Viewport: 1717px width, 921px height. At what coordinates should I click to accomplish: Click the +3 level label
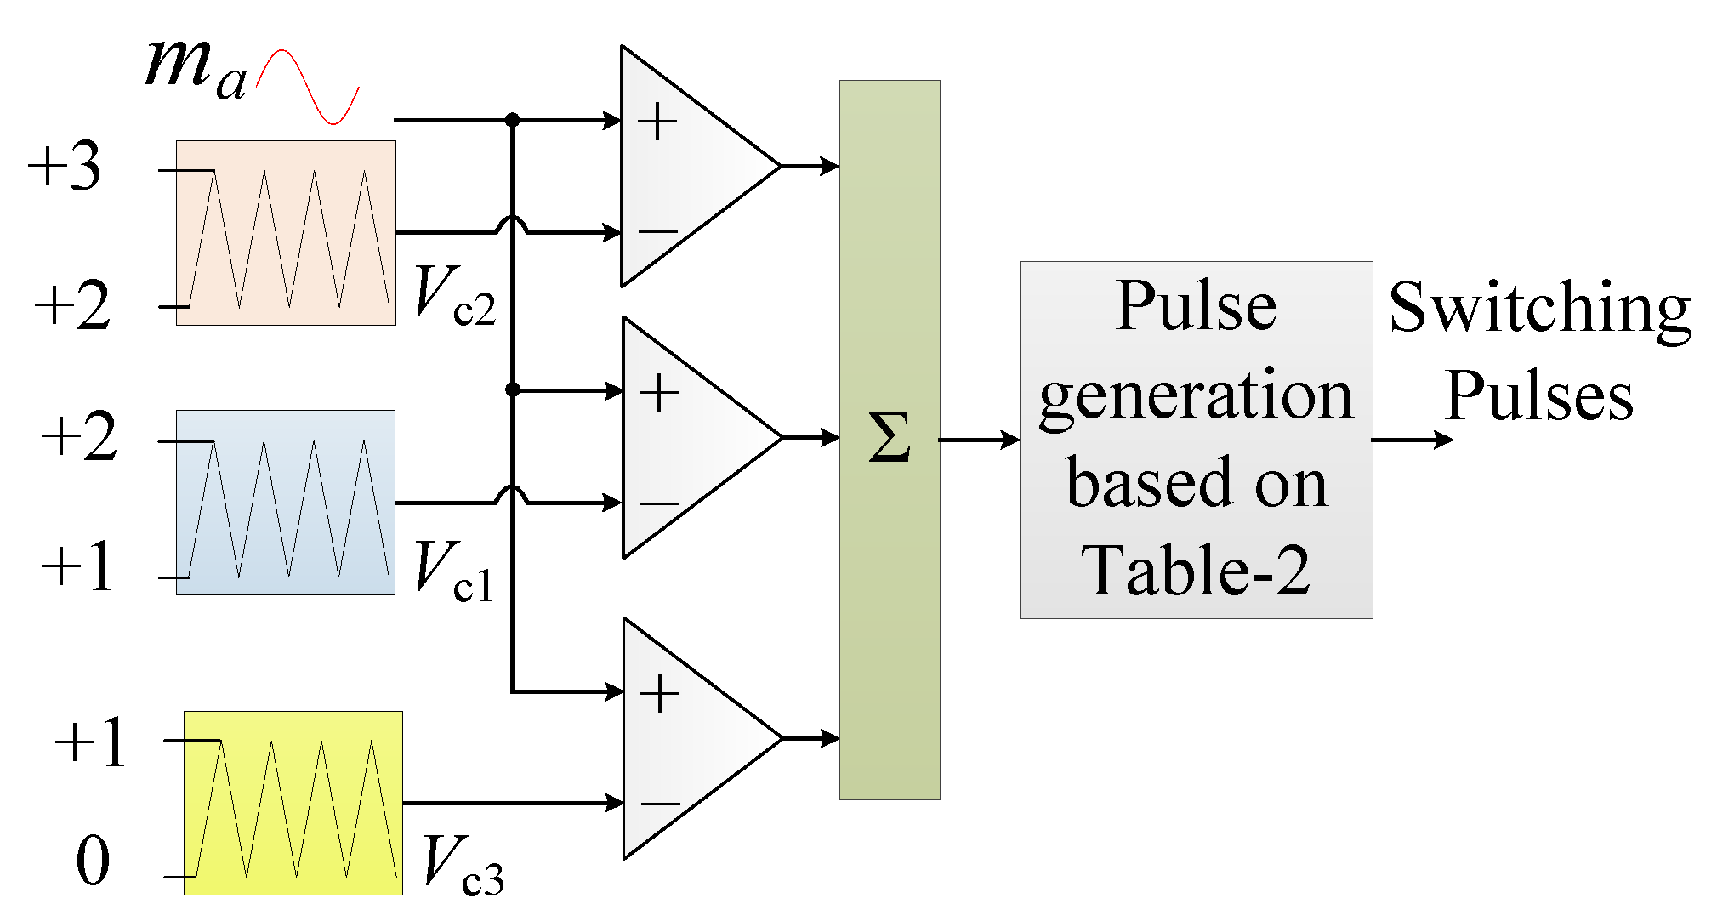click(x=65, y=166)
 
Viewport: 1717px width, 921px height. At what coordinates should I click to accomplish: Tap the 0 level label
click(x=93, y=861)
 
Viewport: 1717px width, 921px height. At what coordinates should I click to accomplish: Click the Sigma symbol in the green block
click(x=890, y=438)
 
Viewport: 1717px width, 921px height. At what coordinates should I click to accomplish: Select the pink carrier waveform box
click(x=286, y=233)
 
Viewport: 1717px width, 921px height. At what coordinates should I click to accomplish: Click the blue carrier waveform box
click(x=286, y=503)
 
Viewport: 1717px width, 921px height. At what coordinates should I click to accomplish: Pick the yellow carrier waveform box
click(x=293, y=803)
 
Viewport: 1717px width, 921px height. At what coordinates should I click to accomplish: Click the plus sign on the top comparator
click(x=657, y=122)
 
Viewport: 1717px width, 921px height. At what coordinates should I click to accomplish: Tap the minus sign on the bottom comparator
click(x=660, y=804)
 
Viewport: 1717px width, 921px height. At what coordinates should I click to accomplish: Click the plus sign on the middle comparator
click(x=659, y=393)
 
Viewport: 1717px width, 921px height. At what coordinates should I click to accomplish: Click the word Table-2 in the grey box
click(x=1195, y=571)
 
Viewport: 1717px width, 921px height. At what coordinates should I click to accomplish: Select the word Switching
click(x=1539, y=309)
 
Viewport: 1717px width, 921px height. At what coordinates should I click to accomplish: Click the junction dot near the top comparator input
click(x=512, y=120)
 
